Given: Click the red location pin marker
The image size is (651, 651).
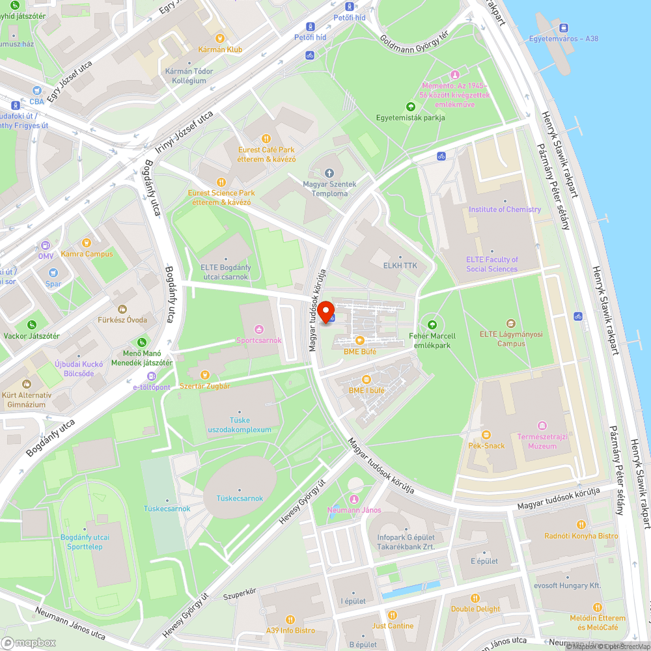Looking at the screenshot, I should pos(325,311).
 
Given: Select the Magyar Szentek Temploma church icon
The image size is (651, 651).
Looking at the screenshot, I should pos(329,173).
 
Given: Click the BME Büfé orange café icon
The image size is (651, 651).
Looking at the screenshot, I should pos(359,340).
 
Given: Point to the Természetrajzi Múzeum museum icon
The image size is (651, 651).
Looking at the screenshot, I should pos(537,425).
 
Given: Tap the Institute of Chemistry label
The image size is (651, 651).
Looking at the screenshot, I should pos(505,210).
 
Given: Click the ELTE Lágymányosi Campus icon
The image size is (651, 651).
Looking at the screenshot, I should pos(511,324).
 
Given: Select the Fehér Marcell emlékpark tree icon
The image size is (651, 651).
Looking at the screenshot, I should pos(432,325).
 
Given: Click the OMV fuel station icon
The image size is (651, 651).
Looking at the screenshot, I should pos(46,245).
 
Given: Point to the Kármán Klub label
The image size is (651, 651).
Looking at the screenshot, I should pos(221,49).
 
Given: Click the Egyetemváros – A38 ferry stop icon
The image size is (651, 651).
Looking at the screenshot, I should pos(564,28).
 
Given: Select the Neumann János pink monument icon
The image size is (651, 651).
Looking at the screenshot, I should pos(354,499).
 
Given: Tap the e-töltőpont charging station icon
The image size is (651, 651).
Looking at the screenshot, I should pos(152,376).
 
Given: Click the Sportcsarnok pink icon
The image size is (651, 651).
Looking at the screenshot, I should pos(259,329).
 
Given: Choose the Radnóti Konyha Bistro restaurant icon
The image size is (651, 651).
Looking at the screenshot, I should pos(581,525).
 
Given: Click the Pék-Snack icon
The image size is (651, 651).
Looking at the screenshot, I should pos(486,435).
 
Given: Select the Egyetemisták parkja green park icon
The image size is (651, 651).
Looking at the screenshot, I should pos(410,107).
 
